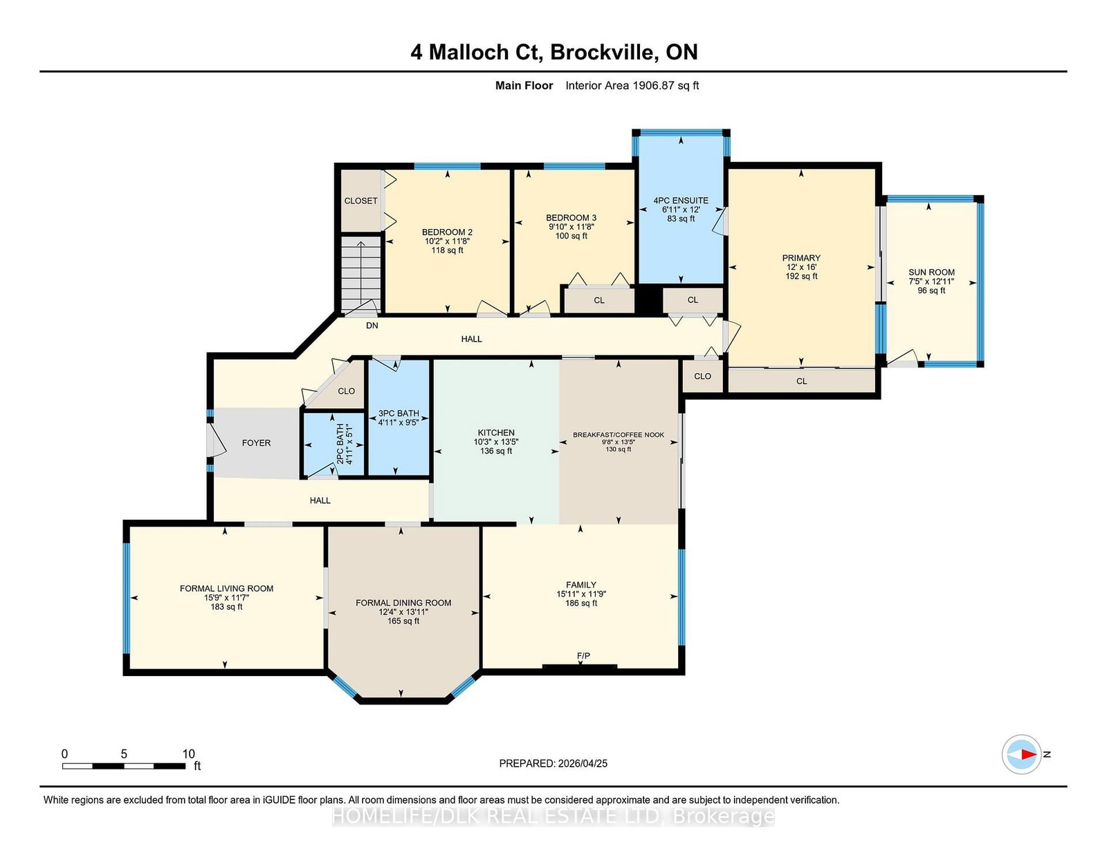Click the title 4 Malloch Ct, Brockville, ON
(553, 53)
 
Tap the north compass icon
(1021, 754)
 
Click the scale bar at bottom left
(124, 766)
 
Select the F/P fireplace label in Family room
(583, 656)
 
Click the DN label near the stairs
(372, 325)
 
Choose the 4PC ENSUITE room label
(681, 201)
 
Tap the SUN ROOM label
(931, 273)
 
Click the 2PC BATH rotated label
(341, 444)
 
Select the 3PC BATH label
(399, 413)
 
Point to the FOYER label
(256, 444)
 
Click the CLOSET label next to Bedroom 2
(360, 201)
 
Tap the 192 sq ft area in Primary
(801, 276)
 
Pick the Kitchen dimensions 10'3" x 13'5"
(495, 441)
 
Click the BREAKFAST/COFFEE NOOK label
(619, 435)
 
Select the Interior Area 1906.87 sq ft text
(632, 86)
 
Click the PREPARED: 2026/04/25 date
(553, 763)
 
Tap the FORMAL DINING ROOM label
(403, 603)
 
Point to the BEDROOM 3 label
(571, 218)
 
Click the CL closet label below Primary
(801, 381)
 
